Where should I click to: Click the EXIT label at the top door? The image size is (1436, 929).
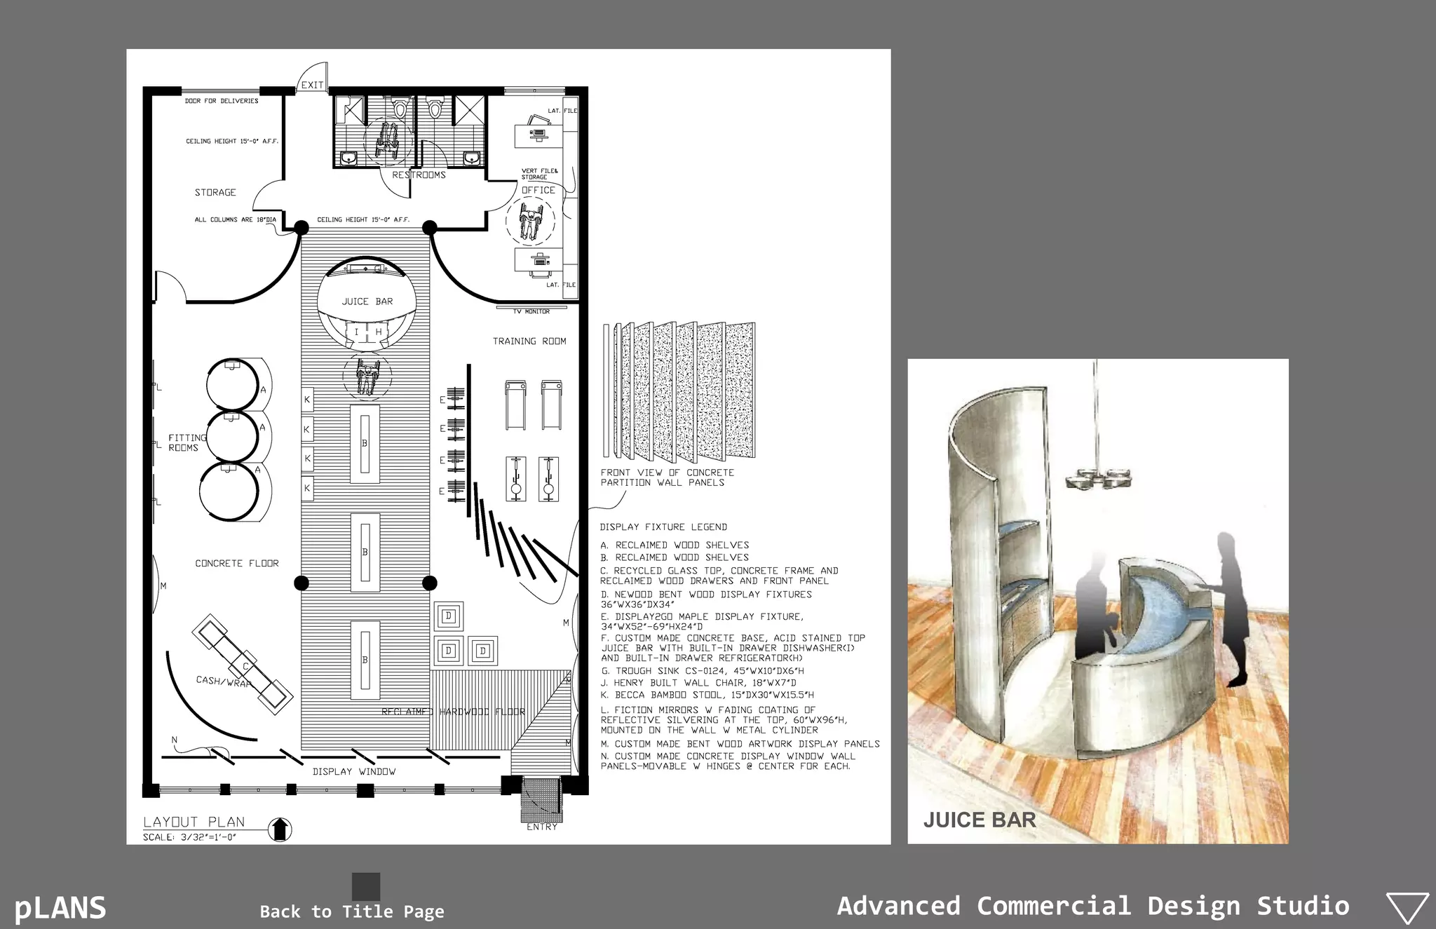click(312, 86)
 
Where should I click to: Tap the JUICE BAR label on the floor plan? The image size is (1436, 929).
click(367, 301)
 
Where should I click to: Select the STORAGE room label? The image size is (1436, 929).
click(215, 192)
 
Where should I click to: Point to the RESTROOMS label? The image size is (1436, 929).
click(419, 175)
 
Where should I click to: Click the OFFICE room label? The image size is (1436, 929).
click(538, 190)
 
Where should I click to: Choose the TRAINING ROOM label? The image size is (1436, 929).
click(529, 341)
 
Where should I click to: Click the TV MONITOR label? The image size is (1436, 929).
click(531, 311)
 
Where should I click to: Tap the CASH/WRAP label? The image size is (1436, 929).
click(223, 681)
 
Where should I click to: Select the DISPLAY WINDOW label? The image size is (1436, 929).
click(353, 771)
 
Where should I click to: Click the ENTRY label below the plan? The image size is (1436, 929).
click(542, 827)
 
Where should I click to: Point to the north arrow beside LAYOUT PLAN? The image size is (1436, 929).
click(280, 829)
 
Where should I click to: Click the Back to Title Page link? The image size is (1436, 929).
click(352, 911)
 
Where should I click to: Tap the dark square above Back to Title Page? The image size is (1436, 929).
click(366, 886)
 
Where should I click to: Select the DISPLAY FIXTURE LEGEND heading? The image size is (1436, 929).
click(663, 527)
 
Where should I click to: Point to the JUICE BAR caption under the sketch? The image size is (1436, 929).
click(979, 820)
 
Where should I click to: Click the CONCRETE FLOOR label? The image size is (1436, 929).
click(236, 564)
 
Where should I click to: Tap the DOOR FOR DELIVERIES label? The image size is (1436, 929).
click(222, 101)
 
